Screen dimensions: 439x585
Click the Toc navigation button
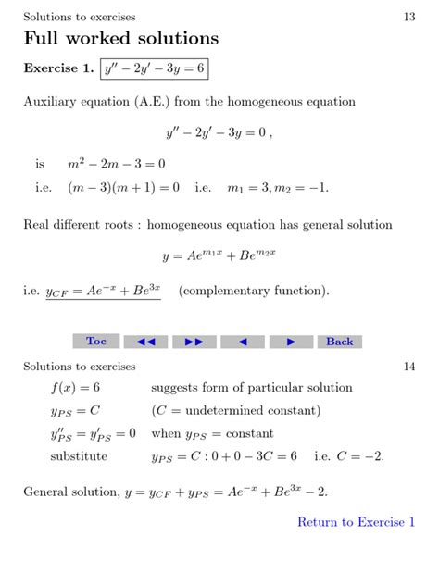pos(96,342)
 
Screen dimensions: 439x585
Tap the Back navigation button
pos(339,342)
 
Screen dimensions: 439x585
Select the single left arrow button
pos(244,342)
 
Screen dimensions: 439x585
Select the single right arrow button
pos(292,342)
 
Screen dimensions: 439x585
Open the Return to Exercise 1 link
pos(356,522)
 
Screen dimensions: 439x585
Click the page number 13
pos(409,17)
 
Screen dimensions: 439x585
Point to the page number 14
pos(409,366)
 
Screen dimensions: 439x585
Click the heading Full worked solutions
pos(120,39)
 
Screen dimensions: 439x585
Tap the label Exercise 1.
pos(59,68)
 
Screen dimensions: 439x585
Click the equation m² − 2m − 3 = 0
pos(117,164)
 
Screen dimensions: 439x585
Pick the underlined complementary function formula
pos(104,291)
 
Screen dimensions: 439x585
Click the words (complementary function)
pos(254,291)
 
